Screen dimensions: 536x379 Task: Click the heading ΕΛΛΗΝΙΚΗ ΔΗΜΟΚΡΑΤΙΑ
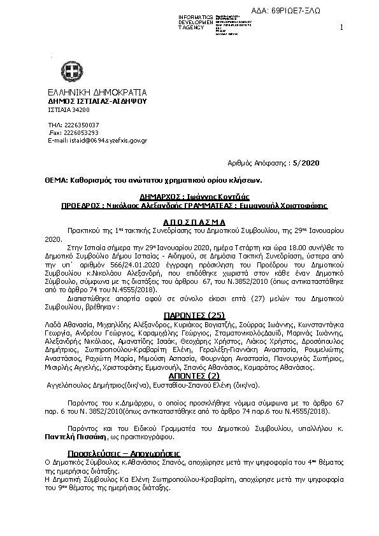(x=97, y=92)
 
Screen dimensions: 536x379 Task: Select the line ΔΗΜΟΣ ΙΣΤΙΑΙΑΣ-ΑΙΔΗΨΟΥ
(x=97, y=101)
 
